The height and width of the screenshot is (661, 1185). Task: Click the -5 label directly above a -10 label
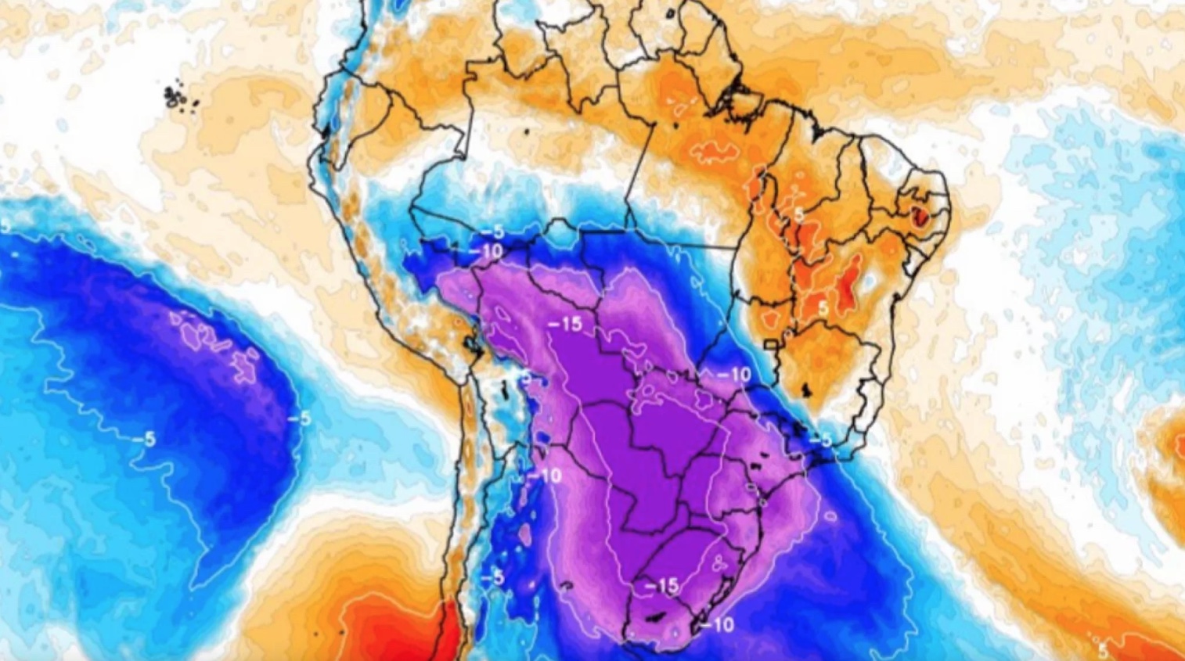click(492, 233)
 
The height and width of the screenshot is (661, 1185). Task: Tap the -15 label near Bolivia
click(565, 323)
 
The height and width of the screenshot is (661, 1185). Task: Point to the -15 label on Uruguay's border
click(662, 585)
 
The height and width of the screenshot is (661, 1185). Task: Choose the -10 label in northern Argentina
click(545, 475)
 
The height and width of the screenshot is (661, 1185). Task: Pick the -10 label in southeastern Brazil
click(734, 375)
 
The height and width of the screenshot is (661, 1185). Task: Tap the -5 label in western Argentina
click(492, 579)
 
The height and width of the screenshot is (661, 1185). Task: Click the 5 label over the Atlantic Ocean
click(1102, 648)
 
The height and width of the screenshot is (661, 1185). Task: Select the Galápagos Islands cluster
click(178, 97)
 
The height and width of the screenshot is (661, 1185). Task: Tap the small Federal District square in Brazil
click(771, 344)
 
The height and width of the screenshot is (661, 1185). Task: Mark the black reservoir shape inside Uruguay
click(652, 617)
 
